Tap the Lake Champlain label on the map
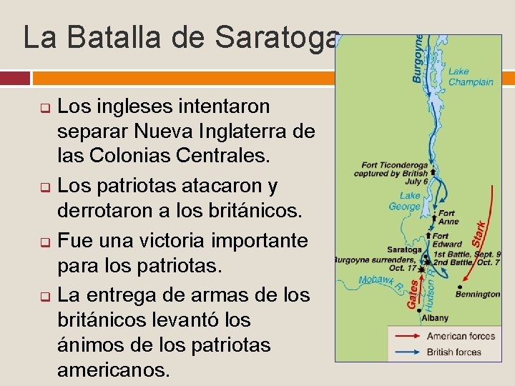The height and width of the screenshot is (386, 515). (470, 76)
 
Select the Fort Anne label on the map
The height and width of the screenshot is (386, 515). (448, 217)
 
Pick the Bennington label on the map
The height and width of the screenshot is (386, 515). (477, 293)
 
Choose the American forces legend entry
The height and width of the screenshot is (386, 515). (460, 336)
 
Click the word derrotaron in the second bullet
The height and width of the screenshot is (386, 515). (110, 211)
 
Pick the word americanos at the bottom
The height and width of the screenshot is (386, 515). (114, 370)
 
